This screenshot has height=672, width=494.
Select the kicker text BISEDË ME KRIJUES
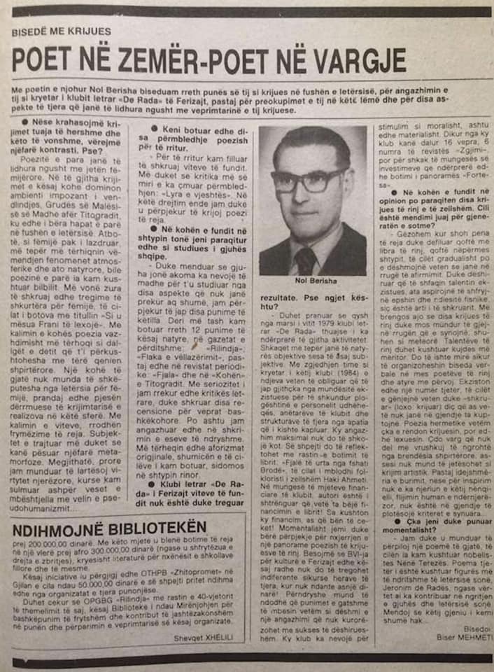(x=61, y=31)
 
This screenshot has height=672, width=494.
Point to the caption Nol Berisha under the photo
(x=311, y=283)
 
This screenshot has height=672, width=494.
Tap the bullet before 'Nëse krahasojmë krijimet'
(x=25, y=122)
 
